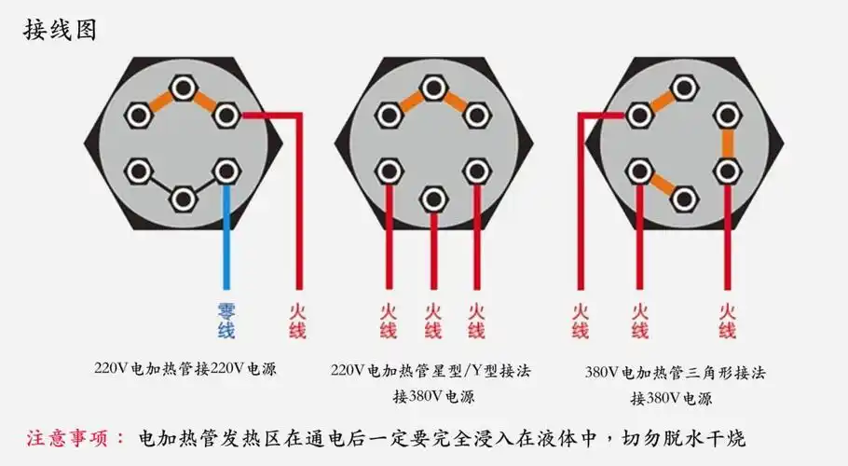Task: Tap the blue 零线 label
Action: (226, 320)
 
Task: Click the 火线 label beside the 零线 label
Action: (296, 320)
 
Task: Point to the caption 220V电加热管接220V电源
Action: (185, 368)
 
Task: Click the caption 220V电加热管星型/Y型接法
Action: (431, 370)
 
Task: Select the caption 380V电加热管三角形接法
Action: (675, 372)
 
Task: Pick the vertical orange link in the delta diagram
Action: (727, 144)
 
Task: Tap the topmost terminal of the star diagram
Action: (431, 88)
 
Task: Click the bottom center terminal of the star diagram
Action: (431, 199)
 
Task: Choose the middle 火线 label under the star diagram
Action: (432, 320)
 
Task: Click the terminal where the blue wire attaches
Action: (226, 171)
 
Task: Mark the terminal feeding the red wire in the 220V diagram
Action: (226, 116)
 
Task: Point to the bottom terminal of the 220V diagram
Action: (183, 198)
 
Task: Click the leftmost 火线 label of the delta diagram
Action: (580, 320)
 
